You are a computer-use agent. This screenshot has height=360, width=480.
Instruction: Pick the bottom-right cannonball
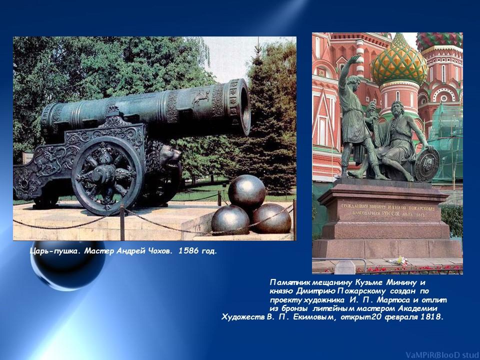(x=271, y=217)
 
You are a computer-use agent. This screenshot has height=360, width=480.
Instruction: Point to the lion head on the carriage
(x=168, y=157)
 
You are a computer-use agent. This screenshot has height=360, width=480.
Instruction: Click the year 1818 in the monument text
(x=431, y=316)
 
